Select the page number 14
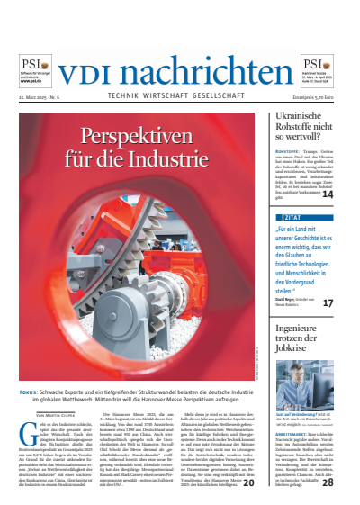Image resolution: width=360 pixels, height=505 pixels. tap(328, 194)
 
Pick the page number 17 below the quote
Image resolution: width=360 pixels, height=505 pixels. tap(328, 303)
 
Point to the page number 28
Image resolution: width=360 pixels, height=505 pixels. tap(328, 482)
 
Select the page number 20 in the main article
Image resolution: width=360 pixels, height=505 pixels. tap(247, 482)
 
